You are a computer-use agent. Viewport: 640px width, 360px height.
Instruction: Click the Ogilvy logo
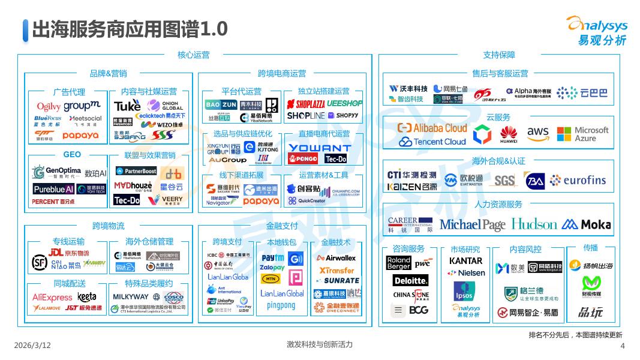click(x=49, y=107)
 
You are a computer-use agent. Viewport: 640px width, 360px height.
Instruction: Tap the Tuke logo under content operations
click(x=127, y=106)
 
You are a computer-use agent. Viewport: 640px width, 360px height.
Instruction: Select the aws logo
click(x=538, y=133)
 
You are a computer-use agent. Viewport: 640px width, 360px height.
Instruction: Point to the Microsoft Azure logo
click(x=582, y=134)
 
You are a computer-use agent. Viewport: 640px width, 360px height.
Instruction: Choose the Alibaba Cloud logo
click(x=432, y=128)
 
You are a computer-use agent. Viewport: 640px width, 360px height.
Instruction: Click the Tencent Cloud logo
click(x=432, y=142)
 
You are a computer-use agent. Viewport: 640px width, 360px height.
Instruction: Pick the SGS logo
click(x=505, y=180)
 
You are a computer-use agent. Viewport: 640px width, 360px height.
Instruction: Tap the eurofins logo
click(x=578, y=180)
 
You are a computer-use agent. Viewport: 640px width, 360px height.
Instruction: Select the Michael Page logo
click(x=473, y=224)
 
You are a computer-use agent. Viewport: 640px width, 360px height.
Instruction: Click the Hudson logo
click(x=534, y=224)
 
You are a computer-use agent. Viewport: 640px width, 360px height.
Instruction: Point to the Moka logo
click(x=586, y=224)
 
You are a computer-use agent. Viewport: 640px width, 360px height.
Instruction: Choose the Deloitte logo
click(x=411, y=280)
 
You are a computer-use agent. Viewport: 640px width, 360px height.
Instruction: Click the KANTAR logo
click(x=465, y=261)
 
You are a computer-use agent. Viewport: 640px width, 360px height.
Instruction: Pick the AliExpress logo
click(x=52, y=297)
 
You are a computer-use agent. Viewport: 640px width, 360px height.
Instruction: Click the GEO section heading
click(x=72, y=155)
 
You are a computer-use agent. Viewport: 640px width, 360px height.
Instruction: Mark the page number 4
click(x=622, y=346)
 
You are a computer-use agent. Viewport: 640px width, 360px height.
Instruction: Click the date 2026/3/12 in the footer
click(x=32, y=346)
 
